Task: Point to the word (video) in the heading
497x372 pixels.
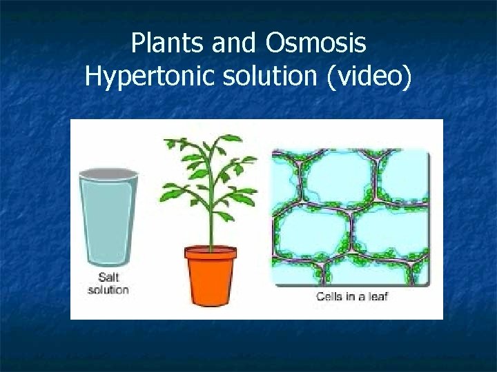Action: pos(371,77)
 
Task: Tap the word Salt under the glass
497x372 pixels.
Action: pos(108,277)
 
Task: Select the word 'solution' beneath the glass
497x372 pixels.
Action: pos(108,289)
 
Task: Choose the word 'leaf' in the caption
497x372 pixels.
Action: pos(378,297)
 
